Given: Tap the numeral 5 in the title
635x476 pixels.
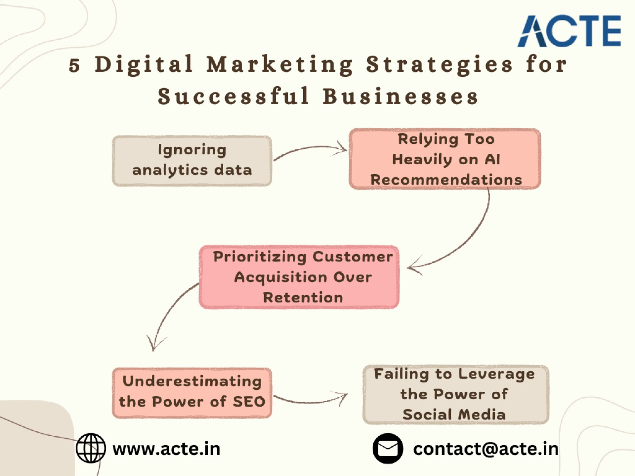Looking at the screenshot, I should tap(74, 65).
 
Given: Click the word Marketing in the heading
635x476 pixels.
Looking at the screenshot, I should tap(280, 64).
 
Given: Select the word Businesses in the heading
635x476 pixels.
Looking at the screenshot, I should tap(401, 97).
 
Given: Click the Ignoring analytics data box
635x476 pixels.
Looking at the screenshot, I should tap(192, 161).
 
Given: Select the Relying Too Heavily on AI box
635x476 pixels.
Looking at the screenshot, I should tap(445, 159).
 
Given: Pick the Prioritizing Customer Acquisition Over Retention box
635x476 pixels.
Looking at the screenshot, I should tap(299, 277).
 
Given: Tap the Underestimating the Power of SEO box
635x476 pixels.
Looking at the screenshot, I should tap(192, 393).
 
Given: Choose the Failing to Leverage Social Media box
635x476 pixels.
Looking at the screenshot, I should tap(455, 394).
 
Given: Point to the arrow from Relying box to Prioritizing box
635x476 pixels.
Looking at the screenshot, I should tap(470, 238).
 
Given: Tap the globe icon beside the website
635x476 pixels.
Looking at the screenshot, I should tap(91, 448).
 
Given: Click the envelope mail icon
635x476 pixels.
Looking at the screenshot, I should tap(388, 449).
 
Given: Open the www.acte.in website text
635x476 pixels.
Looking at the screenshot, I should tap(166, 449).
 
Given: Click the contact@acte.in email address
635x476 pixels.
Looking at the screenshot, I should tap(486, 449).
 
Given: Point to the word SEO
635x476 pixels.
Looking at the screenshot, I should tap(249, 402).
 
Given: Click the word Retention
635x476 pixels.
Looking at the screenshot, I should tap(303, 297).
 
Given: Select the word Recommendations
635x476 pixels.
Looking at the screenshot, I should tap(446, 180).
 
